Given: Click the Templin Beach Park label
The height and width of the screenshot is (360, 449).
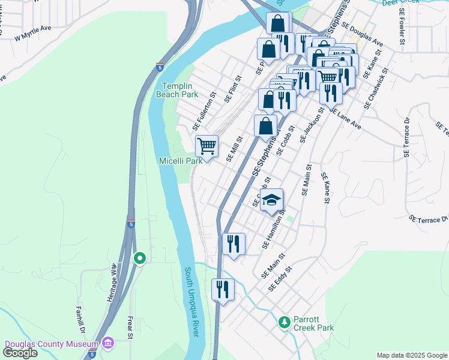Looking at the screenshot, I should [177, 91].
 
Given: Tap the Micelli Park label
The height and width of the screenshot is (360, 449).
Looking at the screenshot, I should [180, 161].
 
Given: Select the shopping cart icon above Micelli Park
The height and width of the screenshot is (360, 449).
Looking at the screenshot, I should [206, 145].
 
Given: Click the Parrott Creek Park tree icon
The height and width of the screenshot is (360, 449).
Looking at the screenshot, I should [285, 322].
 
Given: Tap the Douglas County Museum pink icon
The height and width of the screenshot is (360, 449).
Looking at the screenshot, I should [107, 344].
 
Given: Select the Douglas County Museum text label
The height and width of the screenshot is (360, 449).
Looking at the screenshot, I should [51, 344].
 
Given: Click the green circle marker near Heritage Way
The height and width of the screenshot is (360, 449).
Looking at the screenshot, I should [140, 259].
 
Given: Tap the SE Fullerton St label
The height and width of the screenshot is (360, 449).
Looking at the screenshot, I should [204, 112].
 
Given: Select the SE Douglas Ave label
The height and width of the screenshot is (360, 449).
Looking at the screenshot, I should [362, 35].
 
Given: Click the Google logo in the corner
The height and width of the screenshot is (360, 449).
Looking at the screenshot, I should [20, 353].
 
